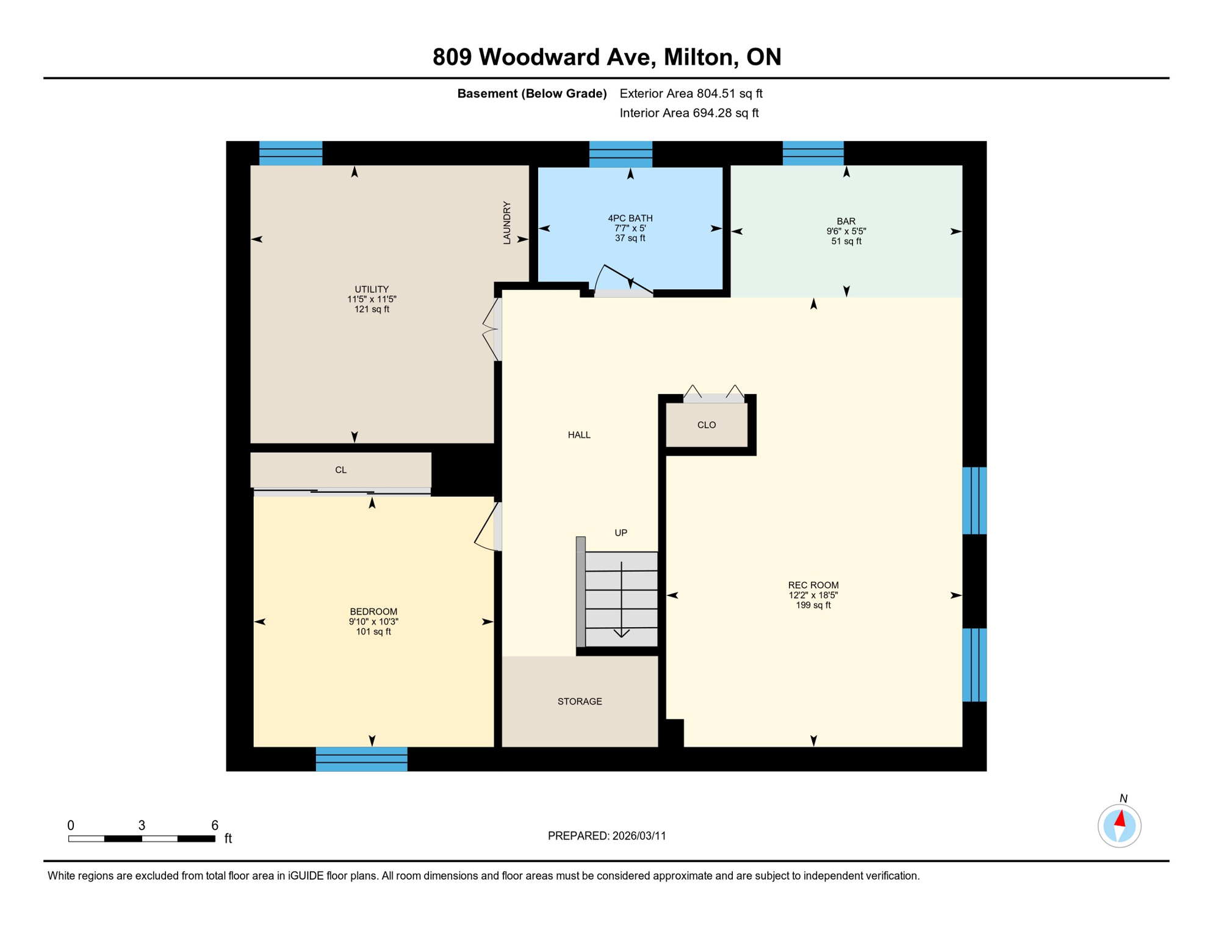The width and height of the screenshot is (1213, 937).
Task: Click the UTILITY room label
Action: [372, 289]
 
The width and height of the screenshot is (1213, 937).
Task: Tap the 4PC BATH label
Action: [630, 218]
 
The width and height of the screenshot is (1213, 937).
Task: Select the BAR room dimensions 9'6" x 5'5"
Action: [846, 231]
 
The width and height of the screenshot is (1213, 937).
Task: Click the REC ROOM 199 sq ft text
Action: [813, 605]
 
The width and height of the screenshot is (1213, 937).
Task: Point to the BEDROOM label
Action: [373, 611]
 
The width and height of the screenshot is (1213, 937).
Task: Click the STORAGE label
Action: [579, 702]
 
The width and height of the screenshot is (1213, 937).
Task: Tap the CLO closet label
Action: [706, 425]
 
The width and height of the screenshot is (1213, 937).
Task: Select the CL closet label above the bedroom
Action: [340, 470]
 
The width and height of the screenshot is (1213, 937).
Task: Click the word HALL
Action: [578, 435]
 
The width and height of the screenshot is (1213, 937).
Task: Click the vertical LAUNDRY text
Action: [506, 223]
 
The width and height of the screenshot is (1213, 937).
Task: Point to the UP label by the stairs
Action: [621, 533]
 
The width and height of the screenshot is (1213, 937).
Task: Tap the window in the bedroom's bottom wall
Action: [361, 759]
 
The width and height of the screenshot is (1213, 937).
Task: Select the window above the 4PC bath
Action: [620, 154]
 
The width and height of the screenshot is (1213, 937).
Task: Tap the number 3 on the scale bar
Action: [142, 825]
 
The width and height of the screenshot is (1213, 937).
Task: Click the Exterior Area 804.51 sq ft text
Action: [691, 93]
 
